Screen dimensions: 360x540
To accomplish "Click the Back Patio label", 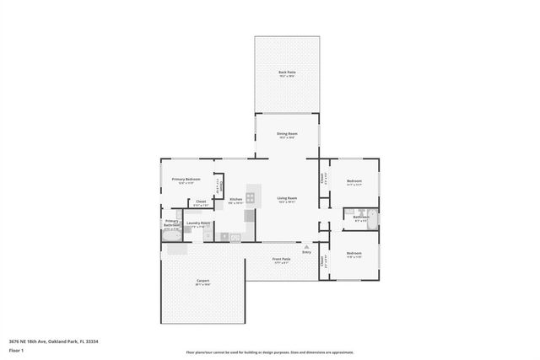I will pyautogui.click(x=287, y=73).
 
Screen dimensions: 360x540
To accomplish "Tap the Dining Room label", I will pyautogui.click(x=287, y=134).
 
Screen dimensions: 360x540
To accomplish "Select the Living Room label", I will pyautogui.click(x=287, y=198).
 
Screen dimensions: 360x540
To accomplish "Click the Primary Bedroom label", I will pyautogui.click(x=186, y=179).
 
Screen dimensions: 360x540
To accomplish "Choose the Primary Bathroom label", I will pyautogui.click(x=171, y=224).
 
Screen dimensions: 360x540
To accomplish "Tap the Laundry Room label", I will pyautogui.click(x=199, y=223).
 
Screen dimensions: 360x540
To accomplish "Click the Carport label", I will pyautogui.click(x=202, y=281).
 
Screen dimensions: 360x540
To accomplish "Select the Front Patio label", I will pyautogui.click(x=281, y=259).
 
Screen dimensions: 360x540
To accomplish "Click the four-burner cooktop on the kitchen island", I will pyautogui.click(x=251, y=199).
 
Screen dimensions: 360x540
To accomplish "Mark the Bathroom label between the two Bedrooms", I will pyautogui.click(x=361, y=217).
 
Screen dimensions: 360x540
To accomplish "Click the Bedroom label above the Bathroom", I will pyautogui.click(x=354, y=180).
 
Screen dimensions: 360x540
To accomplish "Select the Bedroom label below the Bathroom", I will pyautogui.click(x=354, y=253).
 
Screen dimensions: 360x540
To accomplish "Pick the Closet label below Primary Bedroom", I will pyautogui.click(x=201, y=201).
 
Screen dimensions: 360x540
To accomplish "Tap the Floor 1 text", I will pyautogui.click(x=17, y=350).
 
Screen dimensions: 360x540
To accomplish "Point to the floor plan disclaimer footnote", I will pyautogui.click(x=269, y=352).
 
